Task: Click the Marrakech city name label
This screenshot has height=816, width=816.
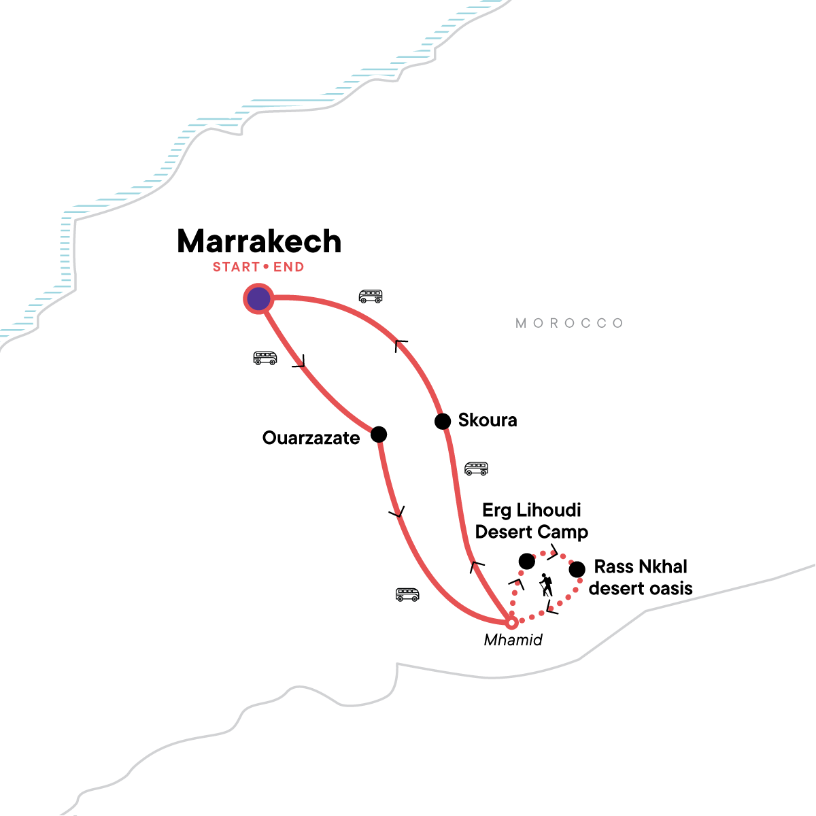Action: tap(259, 242)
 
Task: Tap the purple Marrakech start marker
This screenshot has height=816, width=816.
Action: tap(258, 299)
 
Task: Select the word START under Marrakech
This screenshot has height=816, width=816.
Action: tap(236, 267)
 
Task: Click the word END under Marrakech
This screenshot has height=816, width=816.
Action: tap(288, 267)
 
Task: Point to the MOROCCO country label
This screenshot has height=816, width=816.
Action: tap(569, 323)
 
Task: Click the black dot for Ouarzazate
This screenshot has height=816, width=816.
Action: tap(379, 434)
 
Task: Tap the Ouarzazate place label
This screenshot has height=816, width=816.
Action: tap(311, 438)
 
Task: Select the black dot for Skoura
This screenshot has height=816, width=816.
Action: tap(443, 422)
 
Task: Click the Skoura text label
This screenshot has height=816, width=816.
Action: tap(488, 420)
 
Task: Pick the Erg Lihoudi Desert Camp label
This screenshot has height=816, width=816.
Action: tap(532, 521)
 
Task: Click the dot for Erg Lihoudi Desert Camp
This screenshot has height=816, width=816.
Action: tap(526, 561)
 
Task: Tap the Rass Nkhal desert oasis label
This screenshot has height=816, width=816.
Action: tap(641, 577)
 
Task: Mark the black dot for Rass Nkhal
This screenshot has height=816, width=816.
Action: tap(577, 569)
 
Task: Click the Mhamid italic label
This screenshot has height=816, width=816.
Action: tap(513, 640)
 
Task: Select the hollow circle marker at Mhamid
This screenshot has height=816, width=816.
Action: tap(511, 622)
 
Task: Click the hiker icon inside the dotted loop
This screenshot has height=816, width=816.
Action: tap(545, 585)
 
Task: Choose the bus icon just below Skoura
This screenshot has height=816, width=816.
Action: tap(476, 469)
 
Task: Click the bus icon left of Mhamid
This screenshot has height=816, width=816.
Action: tap(407, 595)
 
